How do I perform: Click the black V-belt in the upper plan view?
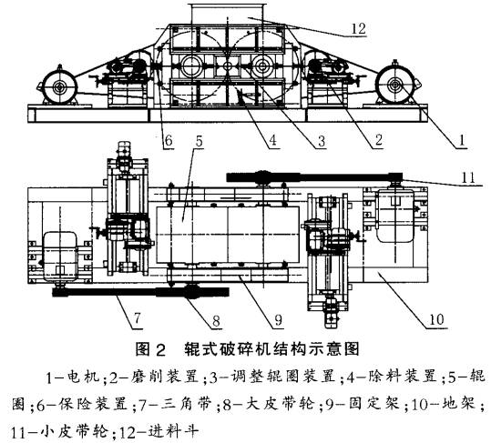(319, 178)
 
